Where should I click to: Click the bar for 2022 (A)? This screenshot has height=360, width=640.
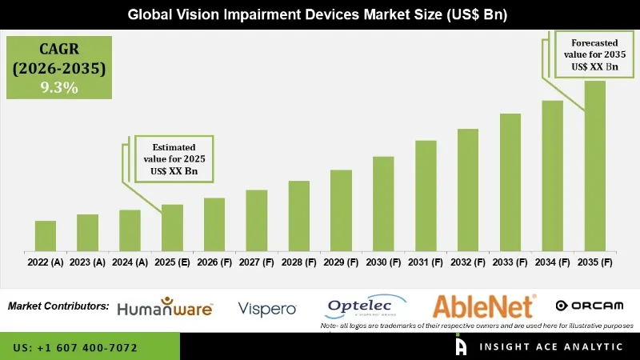pyautogui.click(x=46, y=235)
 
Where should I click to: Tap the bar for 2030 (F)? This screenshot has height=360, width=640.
pyautogui.click(x=383, y=203)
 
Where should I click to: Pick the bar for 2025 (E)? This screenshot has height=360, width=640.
pyautogui.click(x=172, y=227)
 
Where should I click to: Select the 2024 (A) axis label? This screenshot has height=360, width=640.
pyautogui.click(x=130, y=262)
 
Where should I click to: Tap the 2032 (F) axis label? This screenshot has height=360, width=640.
pyautogui.click(x=467, y=262)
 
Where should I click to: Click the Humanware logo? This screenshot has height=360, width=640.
pyautogui.click(x=164, y=307)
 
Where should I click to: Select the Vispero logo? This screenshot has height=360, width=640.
pyautogui.click(x=267, y=308)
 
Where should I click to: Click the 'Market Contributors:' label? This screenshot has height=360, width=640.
pyautogui.click(x=58, y=306)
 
